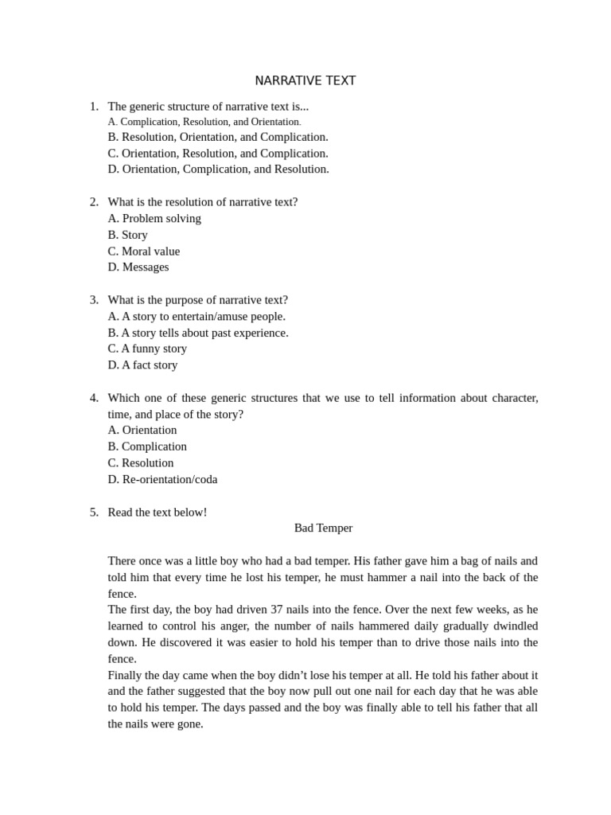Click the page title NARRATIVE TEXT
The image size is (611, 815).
305,81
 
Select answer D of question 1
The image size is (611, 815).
218,169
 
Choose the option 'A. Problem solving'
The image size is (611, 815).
154,218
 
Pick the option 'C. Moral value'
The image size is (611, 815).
144,252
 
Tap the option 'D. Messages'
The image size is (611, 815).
138,267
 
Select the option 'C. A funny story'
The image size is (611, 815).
147,349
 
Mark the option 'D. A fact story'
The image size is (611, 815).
142,365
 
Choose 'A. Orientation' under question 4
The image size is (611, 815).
142,430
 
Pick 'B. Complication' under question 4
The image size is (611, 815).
147,446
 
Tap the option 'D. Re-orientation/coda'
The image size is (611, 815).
162,479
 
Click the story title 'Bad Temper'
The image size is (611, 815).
323,528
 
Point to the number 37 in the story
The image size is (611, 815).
277,610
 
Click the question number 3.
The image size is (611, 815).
94,300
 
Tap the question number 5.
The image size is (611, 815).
94,512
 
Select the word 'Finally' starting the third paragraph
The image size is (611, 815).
126,675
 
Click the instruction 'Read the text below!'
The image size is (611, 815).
158,512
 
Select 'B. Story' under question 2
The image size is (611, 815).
127,235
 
